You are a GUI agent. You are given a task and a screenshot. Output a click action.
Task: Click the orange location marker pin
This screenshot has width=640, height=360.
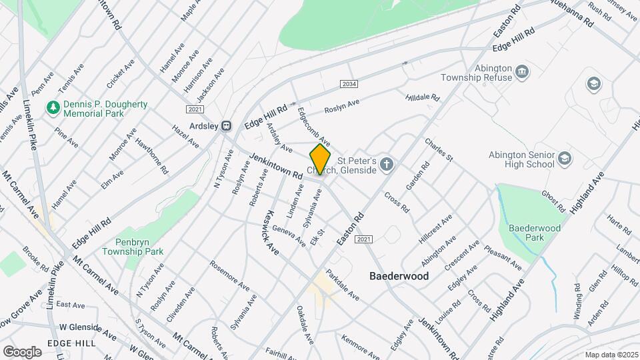[320, 160]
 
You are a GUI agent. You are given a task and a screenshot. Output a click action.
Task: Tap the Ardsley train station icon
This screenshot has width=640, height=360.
[227, 125]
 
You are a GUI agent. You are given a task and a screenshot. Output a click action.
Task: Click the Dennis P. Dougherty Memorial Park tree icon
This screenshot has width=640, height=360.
[52, 107]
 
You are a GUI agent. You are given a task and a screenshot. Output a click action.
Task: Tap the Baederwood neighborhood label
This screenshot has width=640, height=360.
[399, 275]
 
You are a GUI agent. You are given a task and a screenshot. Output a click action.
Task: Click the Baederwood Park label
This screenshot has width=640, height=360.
[534, 232]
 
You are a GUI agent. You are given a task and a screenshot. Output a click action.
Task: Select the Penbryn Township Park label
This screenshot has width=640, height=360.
[133, 247]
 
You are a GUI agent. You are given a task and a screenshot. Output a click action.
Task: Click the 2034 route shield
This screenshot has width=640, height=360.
[348, 84]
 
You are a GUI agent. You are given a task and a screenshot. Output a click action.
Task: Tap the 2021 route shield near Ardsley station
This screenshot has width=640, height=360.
[195, 109]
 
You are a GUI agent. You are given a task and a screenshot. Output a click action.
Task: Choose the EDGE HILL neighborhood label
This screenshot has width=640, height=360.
[71, 342]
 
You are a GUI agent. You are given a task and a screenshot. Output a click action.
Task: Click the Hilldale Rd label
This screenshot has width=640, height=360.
[423, 97]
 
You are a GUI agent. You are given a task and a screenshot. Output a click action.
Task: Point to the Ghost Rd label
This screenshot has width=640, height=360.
[553, 198]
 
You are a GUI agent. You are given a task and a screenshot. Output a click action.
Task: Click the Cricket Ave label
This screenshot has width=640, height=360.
[121, 73]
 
